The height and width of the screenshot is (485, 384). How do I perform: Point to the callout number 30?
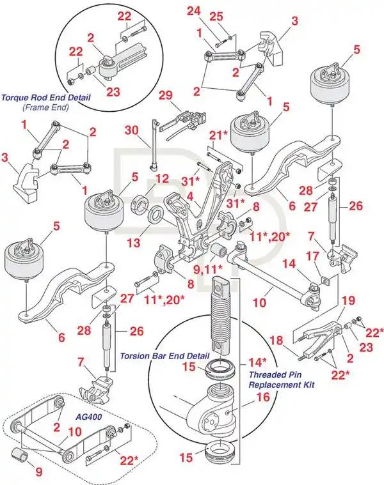(131, 130)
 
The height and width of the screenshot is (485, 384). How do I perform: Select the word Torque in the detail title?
(15, 98)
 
